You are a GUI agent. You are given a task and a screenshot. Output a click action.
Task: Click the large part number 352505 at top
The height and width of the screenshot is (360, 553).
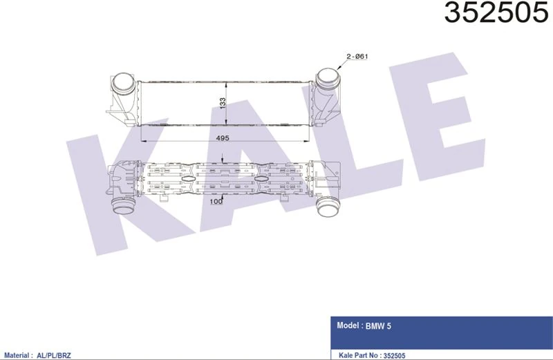click(496, 12)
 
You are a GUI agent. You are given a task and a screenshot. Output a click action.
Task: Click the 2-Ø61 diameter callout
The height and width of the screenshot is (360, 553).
click(357, 56)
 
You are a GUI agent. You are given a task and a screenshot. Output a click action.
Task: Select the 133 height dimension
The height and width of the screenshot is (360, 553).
click(223, 103)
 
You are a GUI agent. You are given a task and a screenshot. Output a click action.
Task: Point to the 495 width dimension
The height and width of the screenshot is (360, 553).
click(223, 138)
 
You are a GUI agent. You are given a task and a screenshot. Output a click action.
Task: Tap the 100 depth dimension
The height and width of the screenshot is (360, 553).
click(216, 201)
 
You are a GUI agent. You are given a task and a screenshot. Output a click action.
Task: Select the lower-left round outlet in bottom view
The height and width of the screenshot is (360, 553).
click(123, 205)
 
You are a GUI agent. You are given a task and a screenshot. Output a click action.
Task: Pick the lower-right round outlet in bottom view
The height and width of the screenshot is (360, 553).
click(328, 207)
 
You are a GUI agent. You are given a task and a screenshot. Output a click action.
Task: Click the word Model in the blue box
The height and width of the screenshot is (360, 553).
click(348, 325)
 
